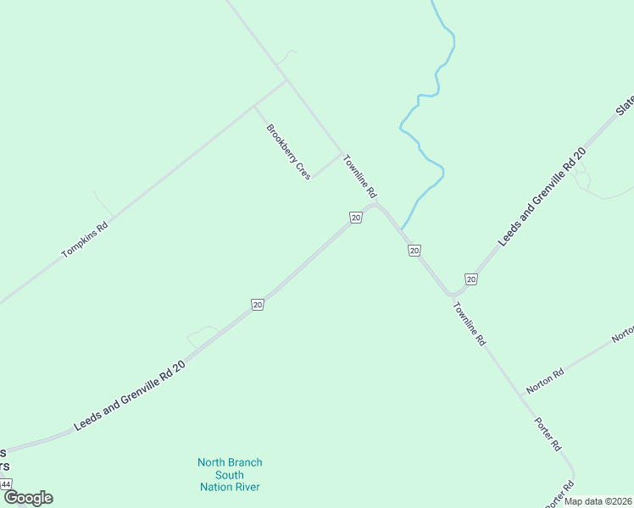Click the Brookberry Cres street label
tap(288, 152)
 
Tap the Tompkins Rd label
tap(85, 240)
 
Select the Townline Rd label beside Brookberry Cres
tap(359, 175)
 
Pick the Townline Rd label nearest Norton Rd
tap(469, 323)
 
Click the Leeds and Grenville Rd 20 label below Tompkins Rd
tap(129, 395)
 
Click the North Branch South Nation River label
tap(230, 474)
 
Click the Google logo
tap(28, 498)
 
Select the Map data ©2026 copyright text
tap(598, 500)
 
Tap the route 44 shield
tap(6, 484)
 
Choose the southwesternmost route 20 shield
tap(258, 304)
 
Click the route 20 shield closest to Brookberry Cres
tap(356, 218)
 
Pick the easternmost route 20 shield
tap(470, 279)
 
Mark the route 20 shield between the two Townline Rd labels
tap(414, 250)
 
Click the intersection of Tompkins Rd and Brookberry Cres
tap(254, 106)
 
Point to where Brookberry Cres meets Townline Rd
tap(341, 154)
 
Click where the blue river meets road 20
tap(403, 229)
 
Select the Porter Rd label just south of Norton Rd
tap(548, 433)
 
